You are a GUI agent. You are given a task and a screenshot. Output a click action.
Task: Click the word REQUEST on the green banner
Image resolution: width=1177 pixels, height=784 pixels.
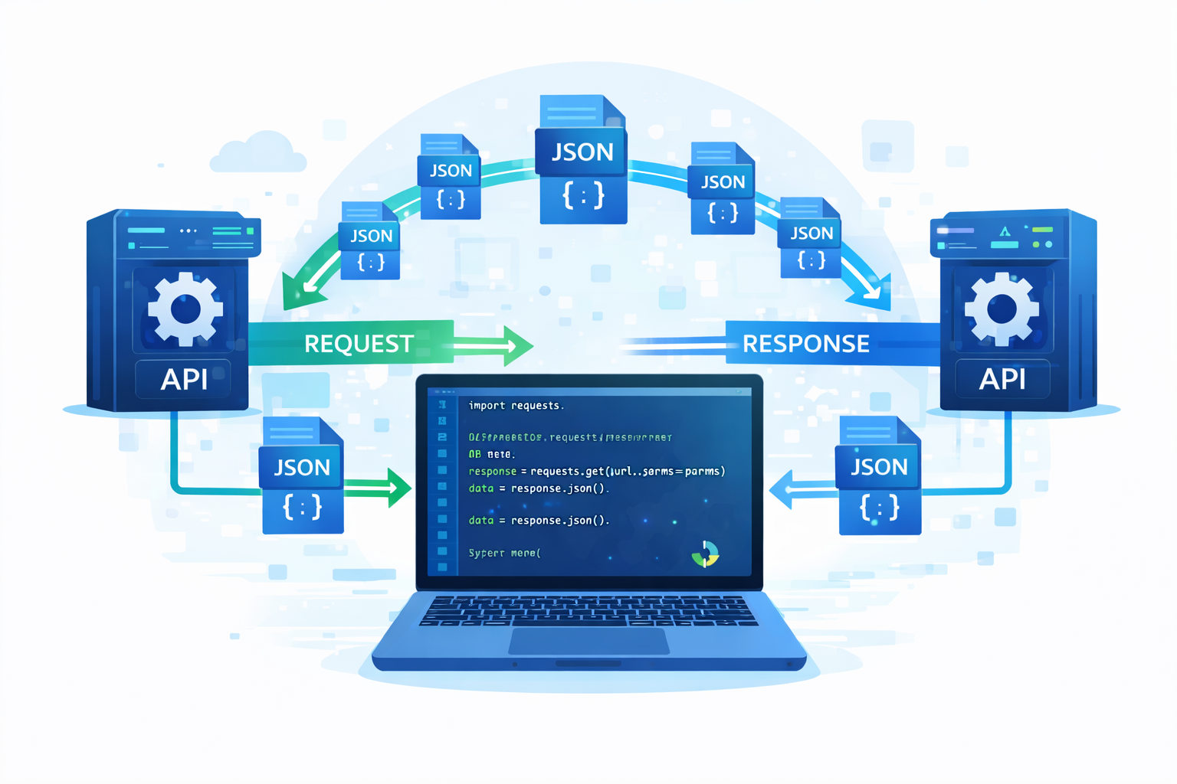(359, 344)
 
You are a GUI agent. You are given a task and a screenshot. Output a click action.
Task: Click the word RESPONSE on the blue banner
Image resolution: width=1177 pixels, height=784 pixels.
(805, 344)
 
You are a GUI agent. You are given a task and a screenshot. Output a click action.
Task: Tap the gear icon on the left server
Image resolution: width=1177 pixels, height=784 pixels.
(185, 309)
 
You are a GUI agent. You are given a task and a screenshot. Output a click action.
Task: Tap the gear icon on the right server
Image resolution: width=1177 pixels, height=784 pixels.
(1002, 309)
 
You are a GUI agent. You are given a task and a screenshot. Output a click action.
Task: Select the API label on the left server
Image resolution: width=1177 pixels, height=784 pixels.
(184, 379)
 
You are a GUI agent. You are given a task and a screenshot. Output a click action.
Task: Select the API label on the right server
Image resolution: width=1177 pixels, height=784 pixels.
(1002, 379)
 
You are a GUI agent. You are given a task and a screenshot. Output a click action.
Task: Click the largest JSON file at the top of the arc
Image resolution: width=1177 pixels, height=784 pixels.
(582, 161)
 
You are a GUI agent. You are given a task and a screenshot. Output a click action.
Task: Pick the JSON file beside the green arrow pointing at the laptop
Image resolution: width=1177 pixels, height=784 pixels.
(302, 476)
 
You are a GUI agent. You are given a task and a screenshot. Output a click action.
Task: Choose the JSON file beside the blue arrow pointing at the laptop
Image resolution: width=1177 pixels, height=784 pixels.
(879, 476)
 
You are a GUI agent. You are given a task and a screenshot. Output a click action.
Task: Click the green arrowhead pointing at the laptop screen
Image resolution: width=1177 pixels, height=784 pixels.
(398, 487)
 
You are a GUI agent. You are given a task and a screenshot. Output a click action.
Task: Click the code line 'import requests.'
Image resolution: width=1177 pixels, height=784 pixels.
(516, 405)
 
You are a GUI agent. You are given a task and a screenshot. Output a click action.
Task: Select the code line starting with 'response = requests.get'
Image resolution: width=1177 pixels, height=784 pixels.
(596, 471)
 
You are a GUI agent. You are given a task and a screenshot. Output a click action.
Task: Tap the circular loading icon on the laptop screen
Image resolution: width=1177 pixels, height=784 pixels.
(705, 554)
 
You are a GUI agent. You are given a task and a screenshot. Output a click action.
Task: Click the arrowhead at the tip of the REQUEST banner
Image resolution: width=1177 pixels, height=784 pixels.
(518, 346)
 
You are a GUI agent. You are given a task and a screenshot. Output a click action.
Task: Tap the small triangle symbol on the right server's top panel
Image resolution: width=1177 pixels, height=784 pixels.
(1005, 230)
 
